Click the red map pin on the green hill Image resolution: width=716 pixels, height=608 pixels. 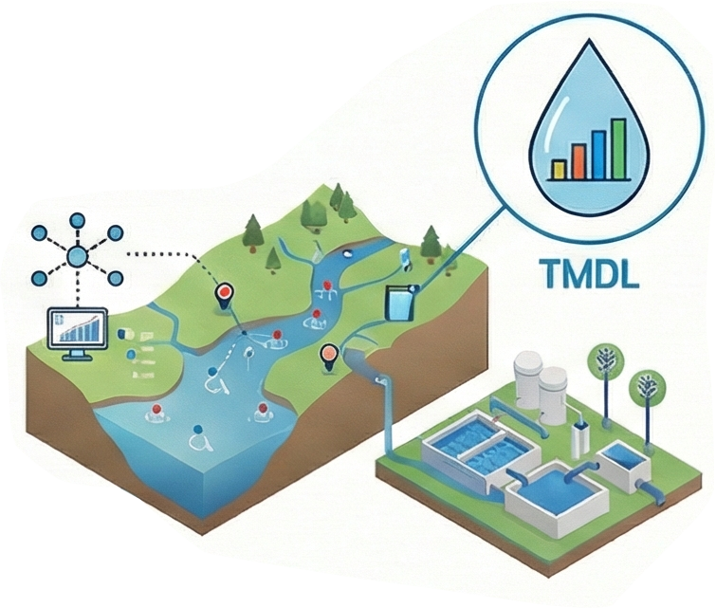(x=224, y=295)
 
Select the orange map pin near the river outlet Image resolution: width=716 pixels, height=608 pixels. (x=329, y=357)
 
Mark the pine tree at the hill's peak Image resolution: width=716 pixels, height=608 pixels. (x=336, y=197)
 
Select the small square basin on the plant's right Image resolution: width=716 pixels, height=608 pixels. (x=625, y=465)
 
